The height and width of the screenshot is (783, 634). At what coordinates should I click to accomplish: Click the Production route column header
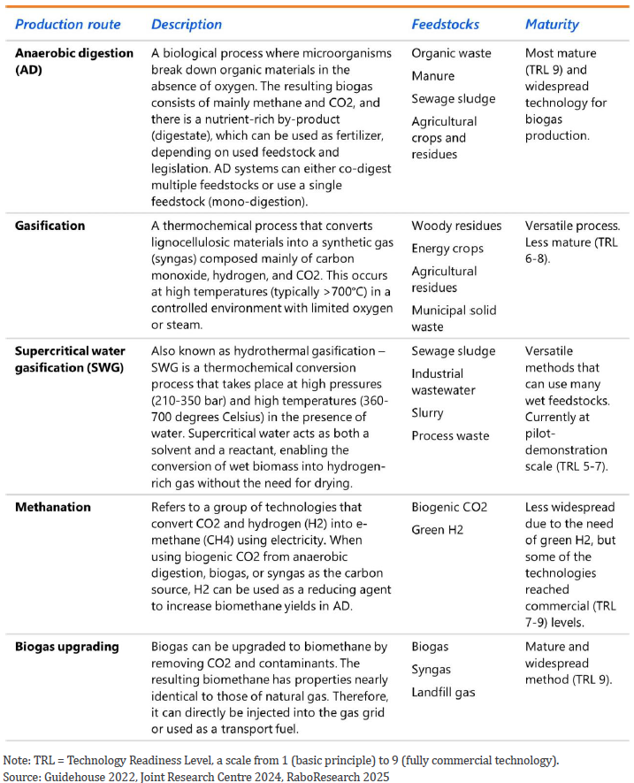click(x=67, y=24)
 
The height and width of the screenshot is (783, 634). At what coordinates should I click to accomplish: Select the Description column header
click(x=187, y=24)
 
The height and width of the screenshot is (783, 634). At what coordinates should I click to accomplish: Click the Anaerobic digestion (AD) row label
click(x=74, y=61)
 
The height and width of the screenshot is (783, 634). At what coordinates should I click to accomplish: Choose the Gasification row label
click(x=50, y=226)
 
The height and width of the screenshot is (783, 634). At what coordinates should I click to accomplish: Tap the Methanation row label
click(x=53, y=508)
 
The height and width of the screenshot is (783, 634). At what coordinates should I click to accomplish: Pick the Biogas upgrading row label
click(x=66, y=646)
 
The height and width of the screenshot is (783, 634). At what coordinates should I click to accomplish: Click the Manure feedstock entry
click(x=433, y=76)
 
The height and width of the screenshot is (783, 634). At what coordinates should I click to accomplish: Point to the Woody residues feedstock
click(x=456, y=226)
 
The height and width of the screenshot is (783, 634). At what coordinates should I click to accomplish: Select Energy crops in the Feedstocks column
click(x=448, y=249)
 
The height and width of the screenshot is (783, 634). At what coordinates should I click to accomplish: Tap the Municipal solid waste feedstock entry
click(x=454, y=319)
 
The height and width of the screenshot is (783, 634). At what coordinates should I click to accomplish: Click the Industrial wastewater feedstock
click(x=445, y=382)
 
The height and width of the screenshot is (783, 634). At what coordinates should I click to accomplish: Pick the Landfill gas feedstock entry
click(x=443, y=692)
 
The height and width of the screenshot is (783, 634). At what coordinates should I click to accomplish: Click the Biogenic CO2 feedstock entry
click(x=449, y=508)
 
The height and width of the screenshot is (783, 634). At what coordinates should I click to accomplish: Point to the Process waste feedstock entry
click(x=450, y=435)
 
